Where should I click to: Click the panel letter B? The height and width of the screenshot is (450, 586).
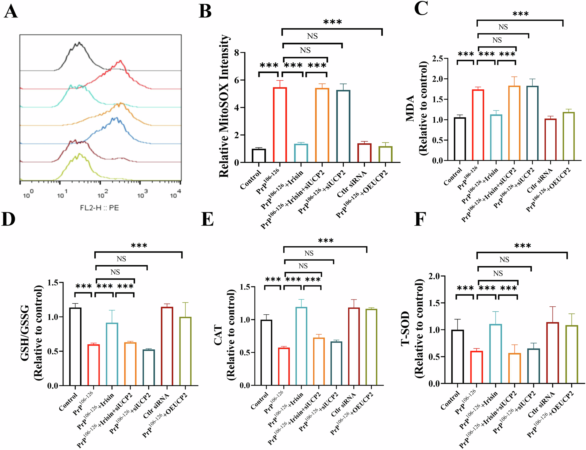pos(205,12)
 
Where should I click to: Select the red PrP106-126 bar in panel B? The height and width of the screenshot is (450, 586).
pos(280,125)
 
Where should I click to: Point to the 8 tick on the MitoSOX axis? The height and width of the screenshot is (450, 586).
pos(237,53)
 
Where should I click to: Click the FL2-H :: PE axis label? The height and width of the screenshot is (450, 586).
pos(99,208)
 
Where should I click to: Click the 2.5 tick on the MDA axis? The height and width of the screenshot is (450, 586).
pos(437,58)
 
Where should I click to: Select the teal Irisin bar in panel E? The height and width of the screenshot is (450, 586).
pos(301,346)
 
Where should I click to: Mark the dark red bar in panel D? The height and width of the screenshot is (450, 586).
pos(167,346)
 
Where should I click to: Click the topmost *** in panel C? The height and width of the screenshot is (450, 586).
pos(520,14)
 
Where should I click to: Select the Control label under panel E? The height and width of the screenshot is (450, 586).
pos(260,401)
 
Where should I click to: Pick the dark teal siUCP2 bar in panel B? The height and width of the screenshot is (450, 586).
pos(343,126)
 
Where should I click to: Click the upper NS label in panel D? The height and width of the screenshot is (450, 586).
pos(121,259)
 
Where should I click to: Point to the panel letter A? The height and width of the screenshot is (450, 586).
pos(11,12)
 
